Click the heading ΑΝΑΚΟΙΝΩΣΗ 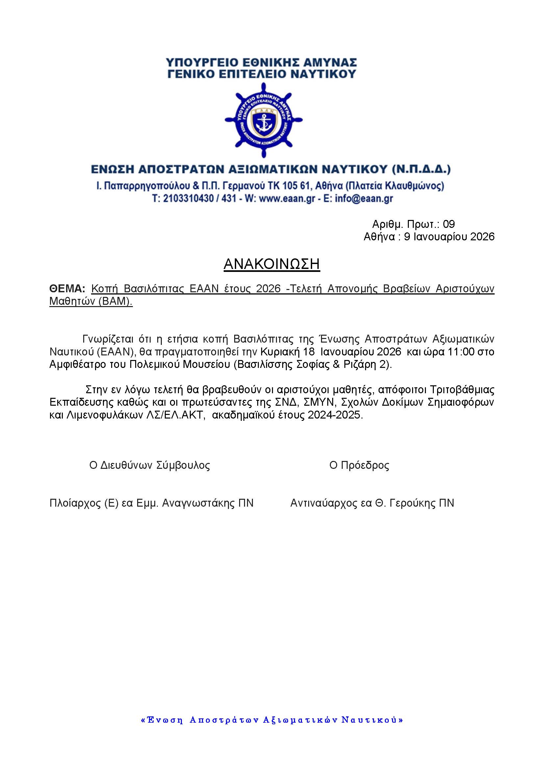[x=272, y=264]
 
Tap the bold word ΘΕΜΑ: [x=67, y=289]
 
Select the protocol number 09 [x=449, y=224]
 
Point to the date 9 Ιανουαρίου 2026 [x=449, y=237]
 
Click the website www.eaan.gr [x=287, y=199]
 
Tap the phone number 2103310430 [x=188, y=199]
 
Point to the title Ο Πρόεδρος [x=359, y=465]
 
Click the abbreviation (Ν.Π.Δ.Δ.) [x=421, y=169]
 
